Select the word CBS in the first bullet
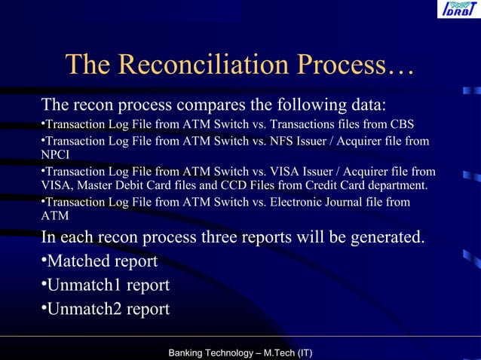coord(402,124)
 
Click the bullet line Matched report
coord(103,261)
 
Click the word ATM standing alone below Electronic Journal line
coord(55,216)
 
